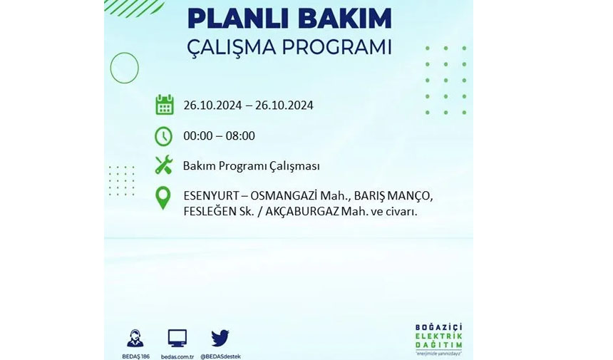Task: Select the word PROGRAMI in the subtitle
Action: (x=337, y=47)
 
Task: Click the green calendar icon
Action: (x=164, y=104)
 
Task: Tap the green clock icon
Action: (x=163, y=136)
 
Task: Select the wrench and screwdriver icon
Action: (x=163, y=165)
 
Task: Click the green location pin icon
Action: (x=163, y=197)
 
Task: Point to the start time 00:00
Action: (x=198, y=135)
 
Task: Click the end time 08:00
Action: (x=240, y=135)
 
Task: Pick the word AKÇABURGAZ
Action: (x=302, y=212)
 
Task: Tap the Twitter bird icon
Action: (x=220, y=338)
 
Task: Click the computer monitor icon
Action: (x=177, y=339)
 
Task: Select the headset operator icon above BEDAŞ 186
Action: (x=135, y=339)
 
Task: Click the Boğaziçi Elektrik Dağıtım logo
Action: (x=438, y=339)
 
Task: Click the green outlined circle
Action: (x=110, y=68)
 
